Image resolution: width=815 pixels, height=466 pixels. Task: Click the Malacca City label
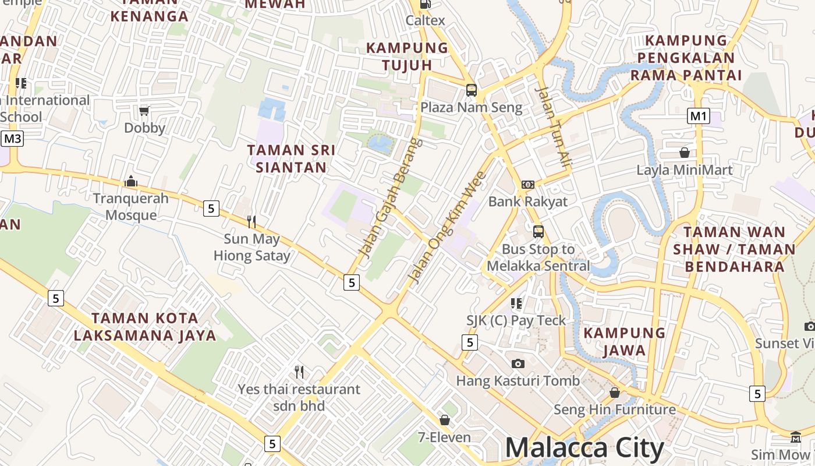[x=584, y=449]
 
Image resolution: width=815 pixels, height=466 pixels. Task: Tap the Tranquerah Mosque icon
[x=131, y=182]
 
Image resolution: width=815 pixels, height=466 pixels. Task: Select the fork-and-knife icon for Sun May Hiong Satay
[x=251, y=221]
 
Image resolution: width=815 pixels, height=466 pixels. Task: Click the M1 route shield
[x=698, y=116]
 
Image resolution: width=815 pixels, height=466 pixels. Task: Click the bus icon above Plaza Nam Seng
[x=472, y=90]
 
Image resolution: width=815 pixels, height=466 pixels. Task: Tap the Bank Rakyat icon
[x=528, y=185]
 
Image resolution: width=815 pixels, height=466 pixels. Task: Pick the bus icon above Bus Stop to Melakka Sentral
[x=538, y=232]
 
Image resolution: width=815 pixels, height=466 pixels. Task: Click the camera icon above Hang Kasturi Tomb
[x=518, y=363]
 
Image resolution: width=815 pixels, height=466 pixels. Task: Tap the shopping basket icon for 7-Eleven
[x=445, y=419]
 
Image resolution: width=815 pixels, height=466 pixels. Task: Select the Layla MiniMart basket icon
[x=685, y=153]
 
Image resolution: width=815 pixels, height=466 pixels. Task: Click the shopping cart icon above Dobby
[x=144, y=111]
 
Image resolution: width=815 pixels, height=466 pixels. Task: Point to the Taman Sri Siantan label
[x=291, y=158]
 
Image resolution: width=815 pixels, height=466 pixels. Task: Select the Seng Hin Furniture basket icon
[x=615, y=393]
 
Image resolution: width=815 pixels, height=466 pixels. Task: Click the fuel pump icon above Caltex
[x=426, y=4]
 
